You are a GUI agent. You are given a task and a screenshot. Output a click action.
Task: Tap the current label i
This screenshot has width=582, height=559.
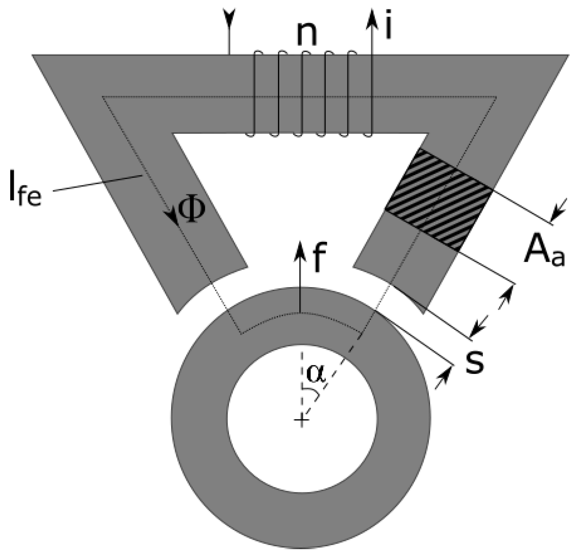point(388,28)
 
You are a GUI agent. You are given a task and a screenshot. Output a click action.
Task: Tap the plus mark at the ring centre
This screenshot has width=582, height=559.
point(301,421)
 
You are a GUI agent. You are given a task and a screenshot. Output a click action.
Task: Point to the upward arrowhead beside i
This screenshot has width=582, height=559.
point(372,17)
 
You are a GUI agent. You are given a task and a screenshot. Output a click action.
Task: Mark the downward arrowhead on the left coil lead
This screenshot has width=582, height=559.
point(229,16)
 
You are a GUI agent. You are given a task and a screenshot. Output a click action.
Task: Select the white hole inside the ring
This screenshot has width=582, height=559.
point(301,421)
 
